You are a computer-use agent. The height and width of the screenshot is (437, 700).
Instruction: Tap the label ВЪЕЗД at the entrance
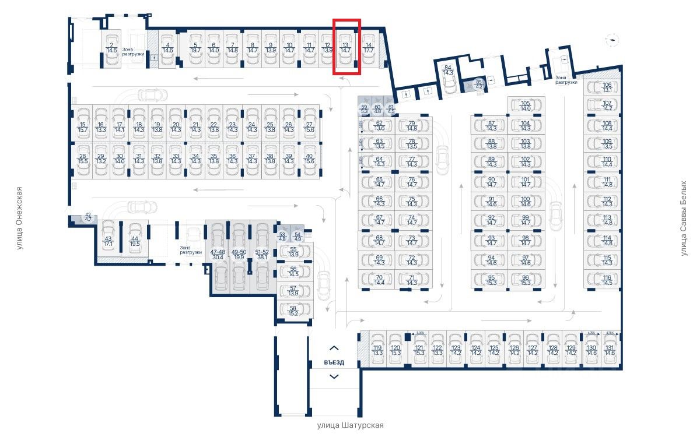(x=334, y=362)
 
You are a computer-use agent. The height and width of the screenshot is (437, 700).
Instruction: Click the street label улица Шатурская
(x=350, y=425)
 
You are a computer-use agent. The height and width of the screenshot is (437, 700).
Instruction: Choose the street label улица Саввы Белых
(x=684, y=218)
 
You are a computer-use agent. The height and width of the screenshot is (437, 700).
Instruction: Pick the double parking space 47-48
(x=217, y=255)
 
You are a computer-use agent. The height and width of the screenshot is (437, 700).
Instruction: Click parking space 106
(x=607, y=87)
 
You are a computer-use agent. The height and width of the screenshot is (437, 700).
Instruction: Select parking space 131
(x=610, y=350)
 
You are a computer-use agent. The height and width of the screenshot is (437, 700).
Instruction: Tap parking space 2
(x=111, y=48)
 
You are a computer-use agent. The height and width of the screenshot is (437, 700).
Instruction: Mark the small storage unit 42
(x=88, y=218)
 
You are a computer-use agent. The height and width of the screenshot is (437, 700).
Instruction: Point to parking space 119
(x=377, y=350)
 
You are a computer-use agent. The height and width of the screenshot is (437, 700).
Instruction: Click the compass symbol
(x=612, y=40)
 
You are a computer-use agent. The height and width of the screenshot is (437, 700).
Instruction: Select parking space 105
(x=525, y=106)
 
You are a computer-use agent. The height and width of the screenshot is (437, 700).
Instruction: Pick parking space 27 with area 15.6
(x=309, y=127)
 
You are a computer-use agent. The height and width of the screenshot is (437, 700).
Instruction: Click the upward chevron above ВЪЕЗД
(x=334, y=348)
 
